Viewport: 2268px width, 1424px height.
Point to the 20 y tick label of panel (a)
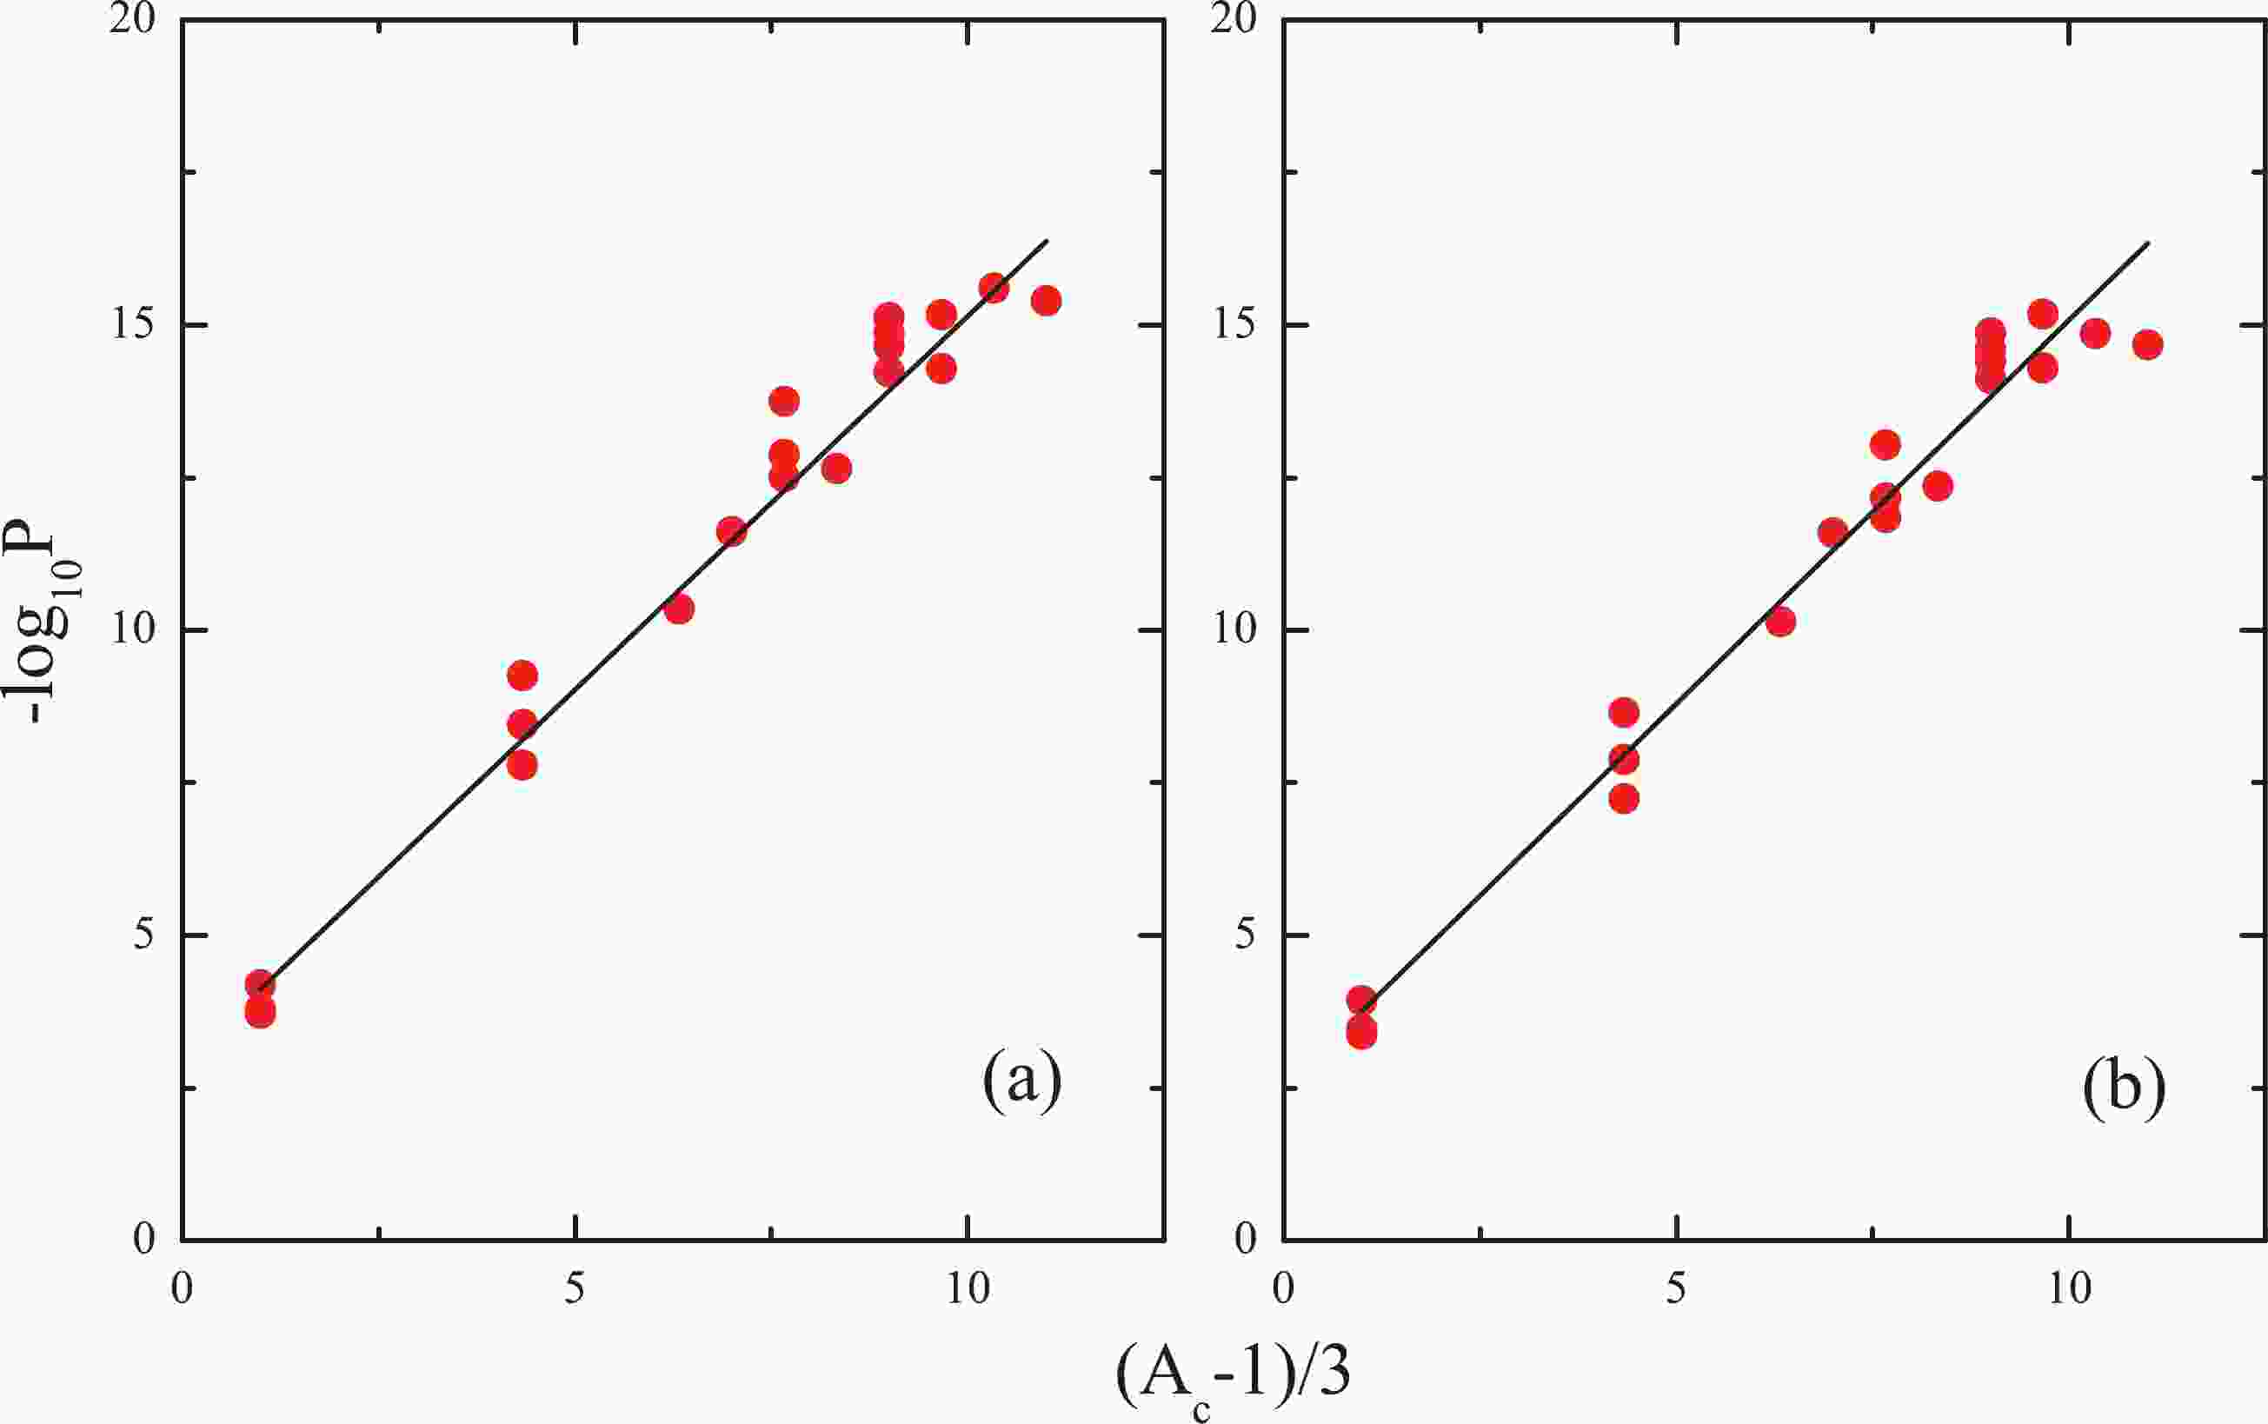tap(132, 21)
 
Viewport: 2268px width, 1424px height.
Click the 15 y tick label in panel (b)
tap(1234, 325)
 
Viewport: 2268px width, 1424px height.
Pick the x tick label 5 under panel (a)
tap(575, 1288)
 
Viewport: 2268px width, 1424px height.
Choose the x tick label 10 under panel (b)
tap(2068, 1288)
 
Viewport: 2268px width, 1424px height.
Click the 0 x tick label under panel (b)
tap(1283, 1288)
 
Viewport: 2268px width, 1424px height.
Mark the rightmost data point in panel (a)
tap(1046, 301)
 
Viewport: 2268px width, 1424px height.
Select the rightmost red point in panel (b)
tap(2147, 344)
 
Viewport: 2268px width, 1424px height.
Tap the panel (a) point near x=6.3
tap(679, 609)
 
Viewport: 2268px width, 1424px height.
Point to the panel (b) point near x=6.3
tap(1780, 622)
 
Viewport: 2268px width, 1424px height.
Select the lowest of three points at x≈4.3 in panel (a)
tap(522, 765)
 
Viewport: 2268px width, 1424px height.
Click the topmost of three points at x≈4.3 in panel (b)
tap(1624, 712)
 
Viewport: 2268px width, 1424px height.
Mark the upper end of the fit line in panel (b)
tap(2147, 243)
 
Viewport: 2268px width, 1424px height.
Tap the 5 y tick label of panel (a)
tap(143, 935)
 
